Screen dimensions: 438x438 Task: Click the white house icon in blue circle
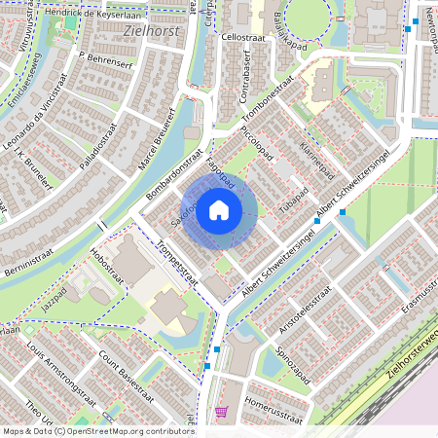(x=219, y=209)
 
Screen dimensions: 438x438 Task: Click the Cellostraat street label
(x=243, y=36)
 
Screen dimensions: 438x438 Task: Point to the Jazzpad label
(x=55, y=301)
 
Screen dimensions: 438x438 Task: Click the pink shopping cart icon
(x=221, y=412)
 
